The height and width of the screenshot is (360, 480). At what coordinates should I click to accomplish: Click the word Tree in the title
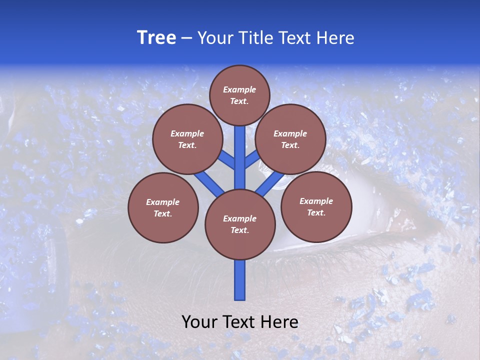click(156, 38)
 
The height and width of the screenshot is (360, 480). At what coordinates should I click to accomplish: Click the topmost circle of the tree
click(239, 95)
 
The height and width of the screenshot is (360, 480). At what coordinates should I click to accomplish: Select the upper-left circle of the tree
click(187, 139)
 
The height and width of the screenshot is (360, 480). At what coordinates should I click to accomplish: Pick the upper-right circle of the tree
click(290, 139)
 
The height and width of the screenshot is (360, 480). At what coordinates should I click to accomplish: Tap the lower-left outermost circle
click(163, 207)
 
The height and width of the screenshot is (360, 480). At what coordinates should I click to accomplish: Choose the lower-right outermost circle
click(316, 206)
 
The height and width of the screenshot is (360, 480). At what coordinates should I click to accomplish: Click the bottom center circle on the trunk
click(240, 224)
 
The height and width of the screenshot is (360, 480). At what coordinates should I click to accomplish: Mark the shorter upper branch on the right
click(251, 159)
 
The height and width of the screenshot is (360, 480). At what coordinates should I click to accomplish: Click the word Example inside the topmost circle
click(239, 89)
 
